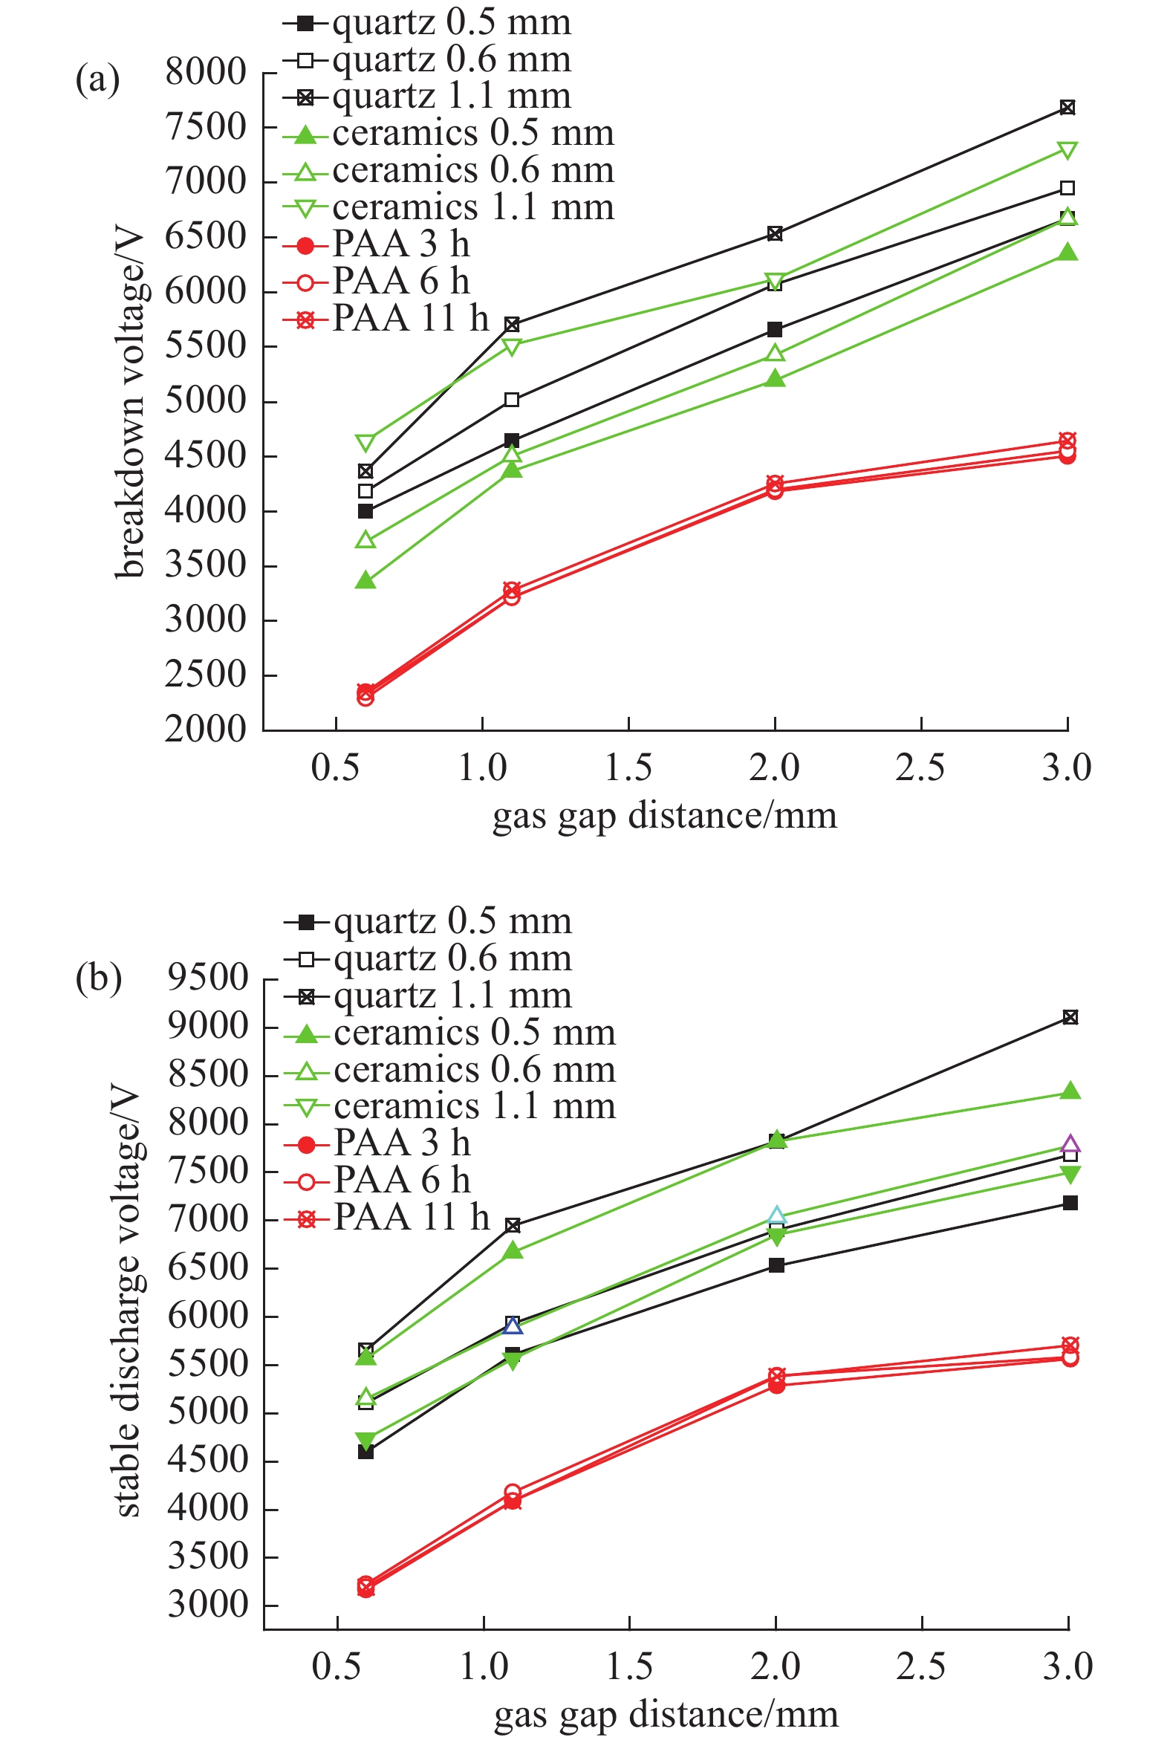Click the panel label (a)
coord(97,78)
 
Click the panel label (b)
coord(98,978)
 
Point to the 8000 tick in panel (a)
coord(195,73)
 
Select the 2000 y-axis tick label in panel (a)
coord(195,730)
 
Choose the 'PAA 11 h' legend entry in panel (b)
coord(411,1217)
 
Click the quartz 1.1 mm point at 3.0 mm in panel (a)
coord(1067,108)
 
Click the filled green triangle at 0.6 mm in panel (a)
coord(365,580)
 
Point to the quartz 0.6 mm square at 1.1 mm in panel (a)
coord(512,400)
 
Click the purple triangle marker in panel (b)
coord(1070,1144)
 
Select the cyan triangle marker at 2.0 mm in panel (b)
coord(776,1216)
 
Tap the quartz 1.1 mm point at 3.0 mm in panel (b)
coord(1070,1018)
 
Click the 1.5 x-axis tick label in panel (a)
coord(628,768)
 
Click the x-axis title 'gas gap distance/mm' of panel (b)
coord(666,1714)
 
